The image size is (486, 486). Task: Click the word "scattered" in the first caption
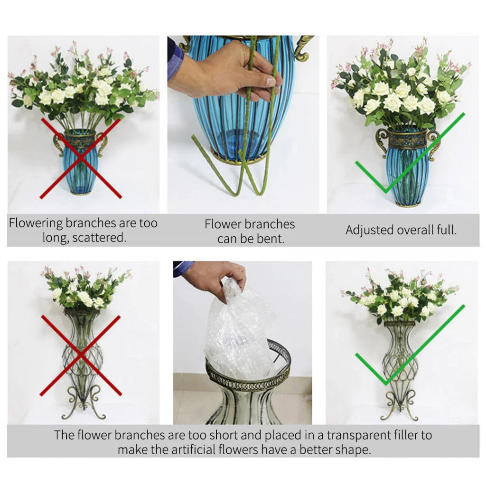[99, 237]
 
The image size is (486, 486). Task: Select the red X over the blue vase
[81, 158]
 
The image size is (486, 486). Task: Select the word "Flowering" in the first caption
[36, 223]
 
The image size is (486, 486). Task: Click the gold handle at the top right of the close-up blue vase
[302, 47]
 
